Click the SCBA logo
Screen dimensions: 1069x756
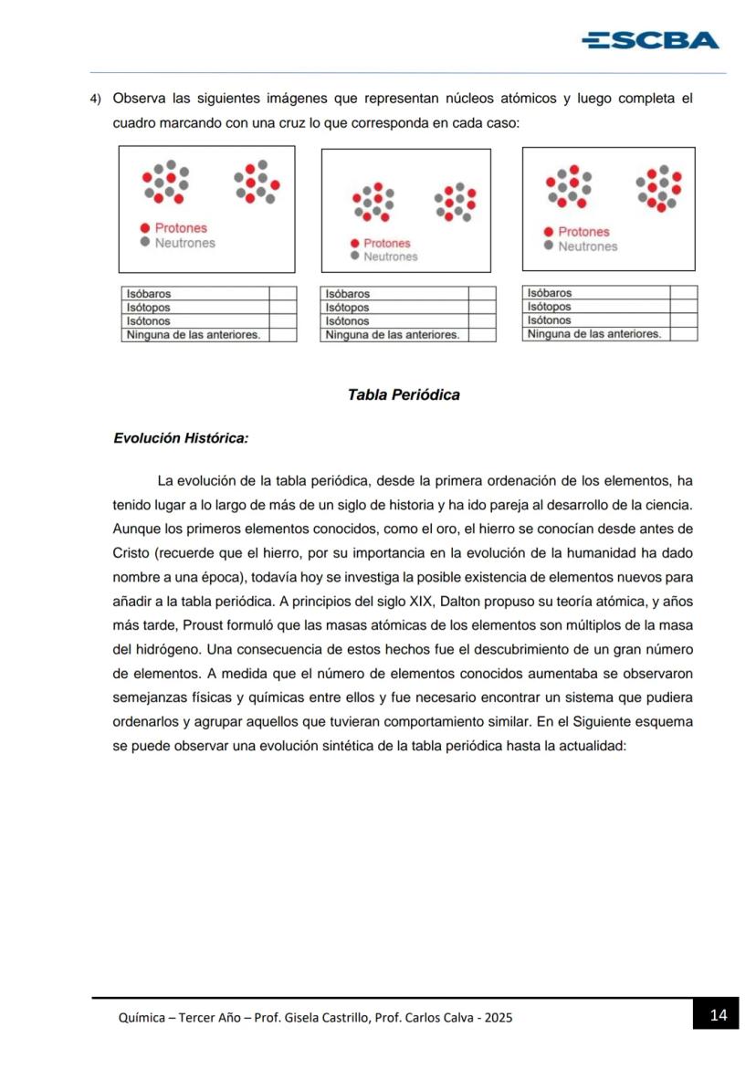[650, 40]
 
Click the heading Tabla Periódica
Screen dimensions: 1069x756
[404, 395]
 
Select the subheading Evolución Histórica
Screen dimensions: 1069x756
[180, 438]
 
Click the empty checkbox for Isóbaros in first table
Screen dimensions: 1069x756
[282, 294]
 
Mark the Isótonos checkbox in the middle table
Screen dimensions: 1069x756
[481, 321]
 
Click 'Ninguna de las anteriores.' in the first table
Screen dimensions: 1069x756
[194, 335]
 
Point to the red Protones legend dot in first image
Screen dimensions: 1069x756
[145, 228]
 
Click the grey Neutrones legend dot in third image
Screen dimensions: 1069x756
[548, 246]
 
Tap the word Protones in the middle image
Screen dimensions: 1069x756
[387, 244]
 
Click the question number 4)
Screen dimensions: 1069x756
[94, 99]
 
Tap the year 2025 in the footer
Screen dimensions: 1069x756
[499, 1018]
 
